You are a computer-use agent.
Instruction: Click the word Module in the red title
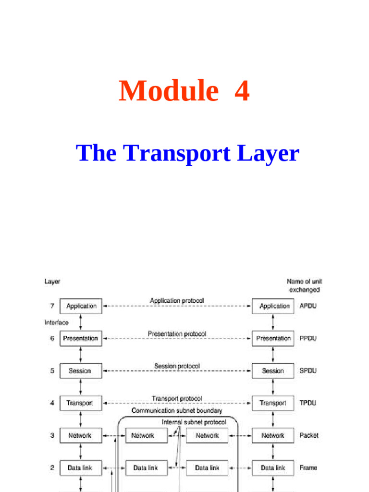[x=168, y=91]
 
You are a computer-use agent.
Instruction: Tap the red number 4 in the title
[x=242, y=91]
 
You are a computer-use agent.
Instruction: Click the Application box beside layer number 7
[x=81, y=306]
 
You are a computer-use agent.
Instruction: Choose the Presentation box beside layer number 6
[x=81, y=338]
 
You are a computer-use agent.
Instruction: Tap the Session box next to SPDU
[x=273, y=371]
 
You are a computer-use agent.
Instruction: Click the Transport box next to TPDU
[x=273, y=403]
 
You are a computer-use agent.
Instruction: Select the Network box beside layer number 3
[x=80, y=436]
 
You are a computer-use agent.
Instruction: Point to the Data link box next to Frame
[x=273, y=467]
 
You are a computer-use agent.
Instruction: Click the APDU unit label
[x=308, y=306]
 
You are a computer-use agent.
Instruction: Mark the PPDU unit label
[x=308, y=338]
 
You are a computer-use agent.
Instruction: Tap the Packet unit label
[x=309, y=436]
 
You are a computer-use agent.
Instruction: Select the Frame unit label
[x=308, y=467]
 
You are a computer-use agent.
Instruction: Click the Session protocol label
[x=177, y=366]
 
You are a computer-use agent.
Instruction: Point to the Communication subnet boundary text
[x=177, y=411]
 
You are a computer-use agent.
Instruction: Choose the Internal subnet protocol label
[x=194, y=422]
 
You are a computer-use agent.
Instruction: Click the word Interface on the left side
[x=57, y=322]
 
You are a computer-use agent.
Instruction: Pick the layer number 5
[x=52, y=371]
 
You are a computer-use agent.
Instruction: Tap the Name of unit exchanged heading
[x=304, y=285]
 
